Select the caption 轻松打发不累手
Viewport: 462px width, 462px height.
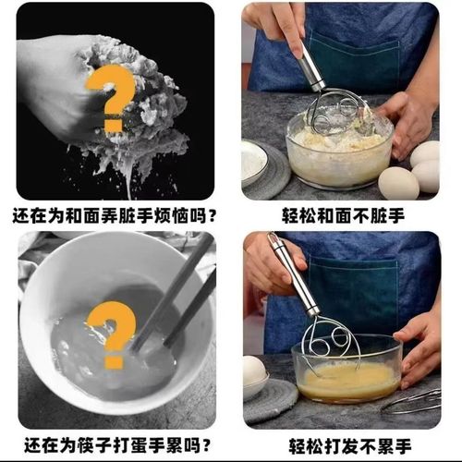click(343, 445)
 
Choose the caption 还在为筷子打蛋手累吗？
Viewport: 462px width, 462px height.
click(115, 445)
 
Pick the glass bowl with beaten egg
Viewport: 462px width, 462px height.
click(346, 374)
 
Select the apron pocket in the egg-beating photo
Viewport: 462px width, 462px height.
click(360, 286)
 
